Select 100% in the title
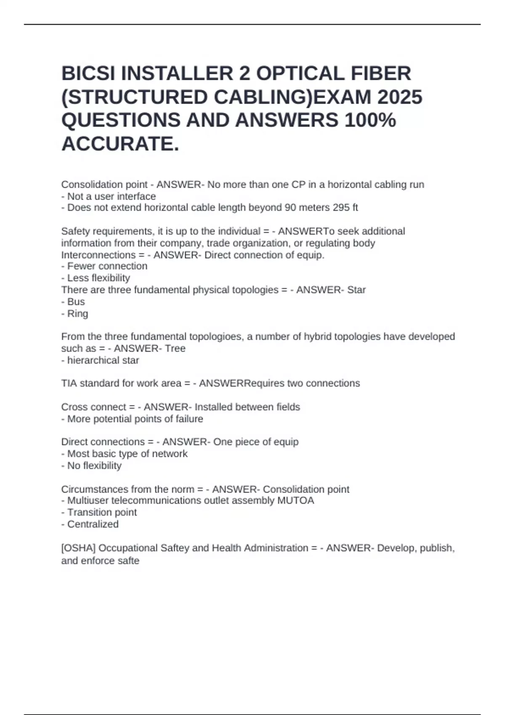[x=370, y=120]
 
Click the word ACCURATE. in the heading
[x=120, y=144]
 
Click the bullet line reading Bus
[x=76, y=302]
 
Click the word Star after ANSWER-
[x=356, y=290]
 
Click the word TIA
[x=69, y=384]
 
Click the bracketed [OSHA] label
[x=78, y=548]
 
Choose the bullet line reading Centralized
[x=93, y=524]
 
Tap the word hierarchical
[x=94, y=360]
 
